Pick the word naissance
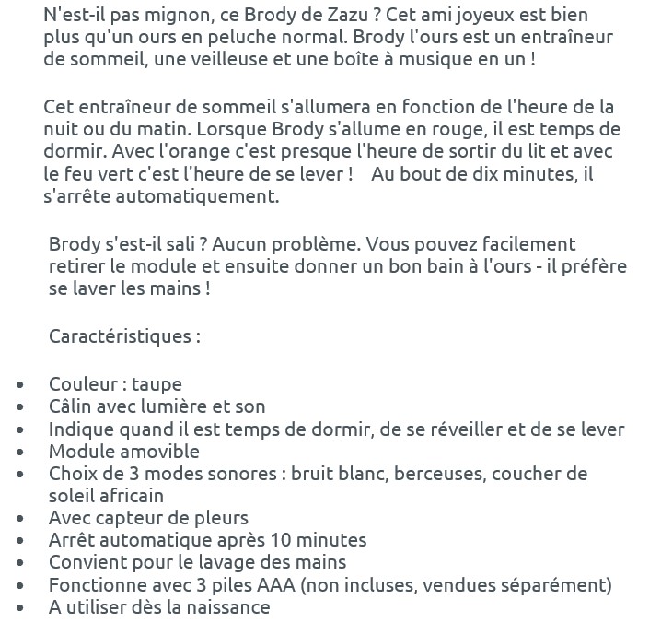tap(226, 607)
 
